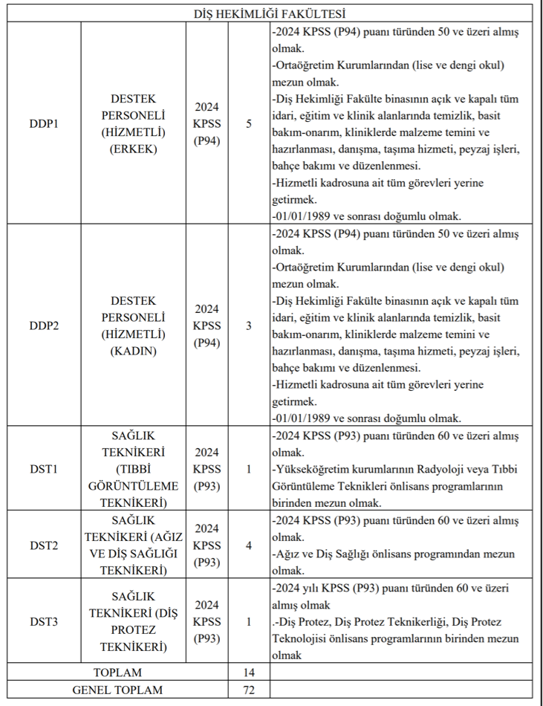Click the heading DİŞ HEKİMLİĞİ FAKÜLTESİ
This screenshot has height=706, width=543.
[271, 13]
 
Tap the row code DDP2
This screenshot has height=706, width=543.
[44, 326]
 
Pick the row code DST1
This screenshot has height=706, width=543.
[44, 468]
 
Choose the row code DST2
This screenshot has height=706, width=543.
[44, 545]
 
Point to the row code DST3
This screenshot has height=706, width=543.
[44, 621]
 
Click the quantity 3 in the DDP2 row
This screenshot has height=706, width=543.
[248, 326]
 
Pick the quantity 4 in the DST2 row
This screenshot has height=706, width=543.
[248, 545]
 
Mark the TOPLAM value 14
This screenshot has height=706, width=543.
[248, 672]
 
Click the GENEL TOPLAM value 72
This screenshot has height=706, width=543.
[248, 690]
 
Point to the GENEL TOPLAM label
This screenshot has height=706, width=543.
[117, 690]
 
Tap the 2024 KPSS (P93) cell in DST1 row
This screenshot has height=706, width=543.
[207, 468]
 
